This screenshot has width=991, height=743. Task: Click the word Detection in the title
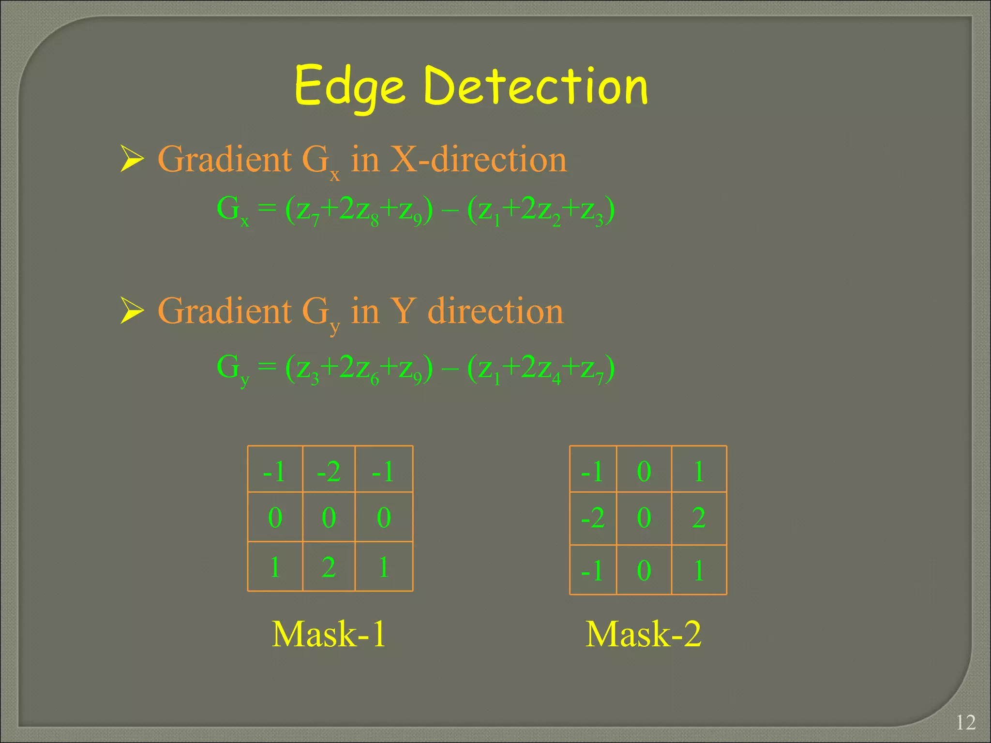coord(536,86)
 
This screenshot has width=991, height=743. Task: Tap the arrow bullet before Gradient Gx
coord(132,159)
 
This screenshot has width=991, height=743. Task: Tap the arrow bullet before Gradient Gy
coord(132,311)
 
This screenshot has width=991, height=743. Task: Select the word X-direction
coord(478,159)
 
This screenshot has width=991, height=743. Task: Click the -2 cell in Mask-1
coord(329,471)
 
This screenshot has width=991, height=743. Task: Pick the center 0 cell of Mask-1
coord(329,517)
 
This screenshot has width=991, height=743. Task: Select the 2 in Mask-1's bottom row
coord(329,567)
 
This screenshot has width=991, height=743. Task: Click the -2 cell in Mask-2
coord(593,518)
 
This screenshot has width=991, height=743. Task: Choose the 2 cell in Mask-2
coord(698,518)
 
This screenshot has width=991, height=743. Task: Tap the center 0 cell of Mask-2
coord(644,518)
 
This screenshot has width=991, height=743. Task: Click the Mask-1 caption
coord(329,634)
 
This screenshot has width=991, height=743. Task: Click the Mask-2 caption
coord(643,634)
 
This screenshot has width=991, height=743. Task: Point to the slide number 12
coord(965,723)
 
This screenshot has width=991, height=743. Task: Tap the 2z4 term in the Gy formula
coord(541,369)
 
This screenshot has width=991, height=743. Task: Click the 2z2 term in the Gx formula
coord(541,211)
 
